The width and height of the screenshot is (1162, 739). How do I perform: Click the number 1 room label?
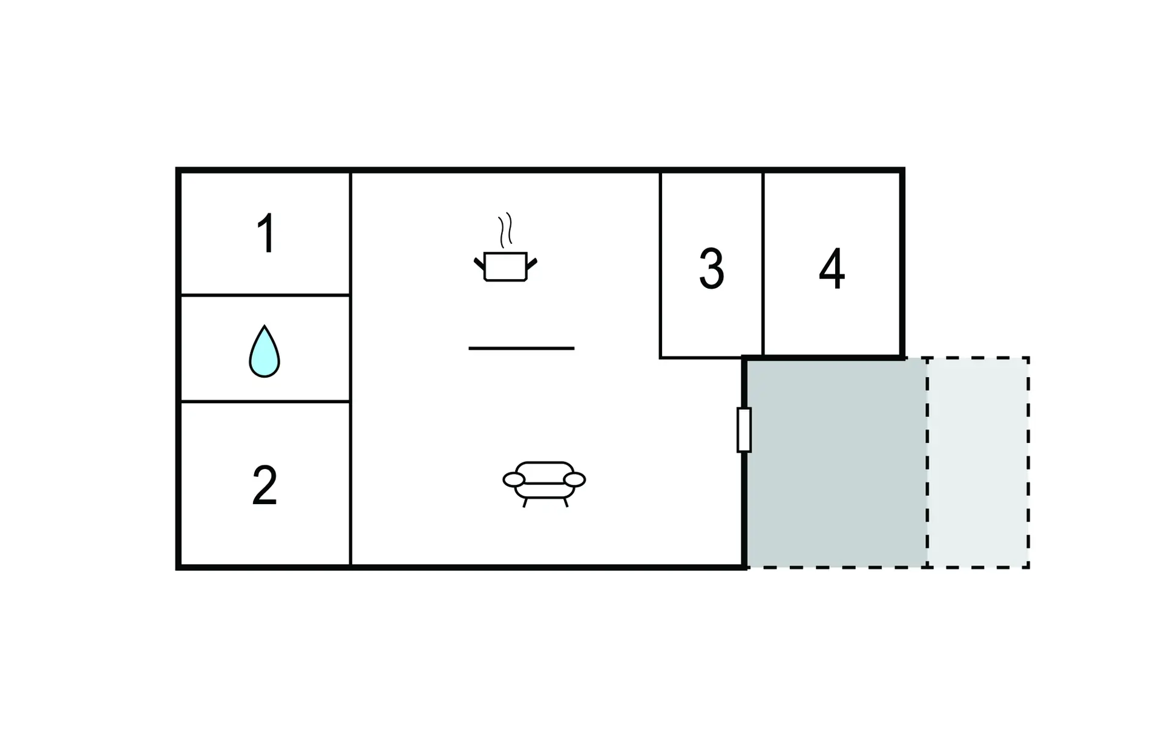tap(266, 233)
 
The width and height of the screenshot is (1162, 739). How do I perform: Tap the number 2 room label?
tap(265, 485)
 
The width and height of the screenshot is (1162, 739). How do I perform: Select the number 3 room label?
tap(712, 269)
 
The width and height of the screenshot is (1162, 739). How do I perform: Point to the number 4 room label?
tap(832, 269)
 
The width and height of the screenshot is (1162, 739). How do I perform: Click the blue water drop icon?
tap(264, 352)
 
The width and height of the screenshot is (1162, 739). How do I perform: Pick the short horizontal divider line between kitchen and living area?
tap(522, 348)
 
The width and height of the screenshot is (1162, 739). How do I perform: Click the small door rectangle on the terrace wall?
tap(744, 430)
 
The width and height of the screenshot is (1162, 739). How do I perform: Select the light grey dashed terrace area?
tap(978, 463)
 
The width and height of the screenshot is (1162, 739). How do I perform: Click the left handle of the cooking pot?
tap(479, 264)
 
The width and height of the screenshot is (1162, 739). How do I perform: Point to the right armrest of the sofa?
tap(574, 480)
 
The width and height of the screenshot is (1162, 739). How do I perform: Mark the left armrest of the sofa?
tap(514, 480)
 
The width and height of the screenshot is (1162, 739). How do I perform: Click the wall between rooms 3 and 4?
tap(763, 265)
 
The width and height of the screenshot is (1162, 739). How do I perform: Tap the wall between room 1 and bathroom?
tap(265, 295)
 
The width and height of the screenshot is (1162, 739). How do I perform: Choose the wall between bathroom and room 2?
tap(265, 401)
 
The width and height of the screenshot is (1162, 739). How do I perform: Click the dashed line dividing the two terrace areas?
tap(927, 463)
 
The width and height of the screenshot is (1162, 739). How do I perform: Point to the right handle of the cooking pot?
tap(532, 264)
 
